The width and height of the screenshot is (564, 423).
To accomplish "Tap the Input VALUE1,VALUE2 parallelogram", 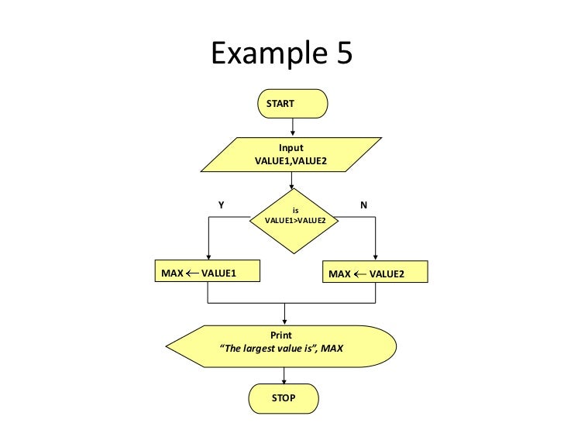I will click(291, 154).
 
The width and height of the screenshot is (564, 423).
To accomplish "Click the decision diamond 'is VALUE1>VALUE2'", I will click(295, 220).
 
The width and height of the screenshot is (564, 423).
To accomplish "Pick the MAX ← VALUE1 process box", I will click(208, 273).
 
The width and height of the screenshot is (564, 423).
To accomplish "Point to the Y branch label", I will click(221, 205).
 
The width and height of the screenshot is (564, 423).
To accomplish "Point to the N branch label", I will click(363, 205).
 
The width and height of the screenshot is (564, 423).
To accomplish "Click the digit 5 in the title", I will click(339, 53).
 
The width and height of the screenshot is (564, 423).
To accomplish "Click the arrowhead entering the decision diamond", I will click(292, 185).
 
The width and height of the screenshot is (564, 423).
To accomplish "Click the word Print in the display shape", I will click(280, 335).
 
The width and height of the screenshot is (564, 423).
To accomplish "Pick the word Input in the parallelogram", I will click(291, 148).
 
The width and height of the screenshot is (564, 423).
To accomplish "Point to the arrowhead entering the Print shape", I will click(284, 320).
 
